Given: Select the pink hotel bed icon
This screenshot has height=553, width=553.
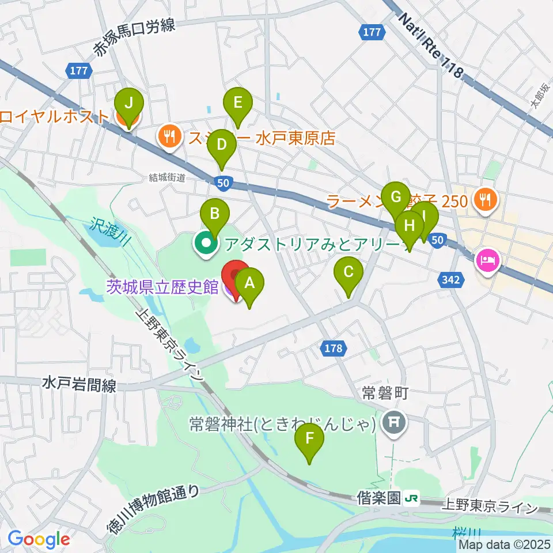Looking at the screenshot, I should (487, 260).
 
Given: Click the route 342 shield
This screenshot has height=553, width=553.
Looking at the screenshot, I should (452, 280).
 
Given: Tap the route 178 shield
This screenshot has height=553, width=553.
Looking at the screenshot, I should (332, 348).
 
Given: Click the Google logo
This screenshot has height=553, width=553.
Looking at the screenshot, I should (39, 540).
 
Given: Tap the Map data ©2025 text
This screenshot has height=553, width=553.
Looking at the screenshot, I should (505, 544).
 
